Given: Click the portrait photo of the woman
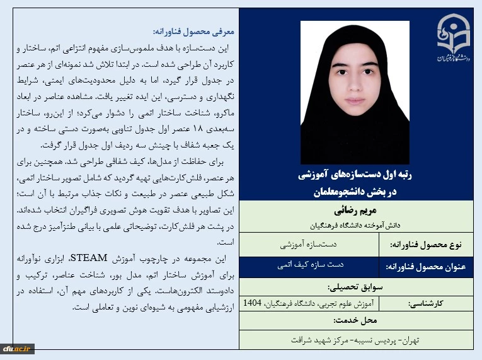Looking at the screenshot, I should [355, 92].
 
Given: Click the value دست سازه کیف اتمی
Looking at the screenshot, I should [309, 265].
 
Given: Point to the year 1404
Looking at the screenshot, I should [252, 303].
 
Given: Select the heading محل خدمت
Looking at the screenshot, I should [357, 320].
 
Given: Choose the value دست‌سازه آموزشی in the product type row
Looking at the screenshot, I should [309, 243].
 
